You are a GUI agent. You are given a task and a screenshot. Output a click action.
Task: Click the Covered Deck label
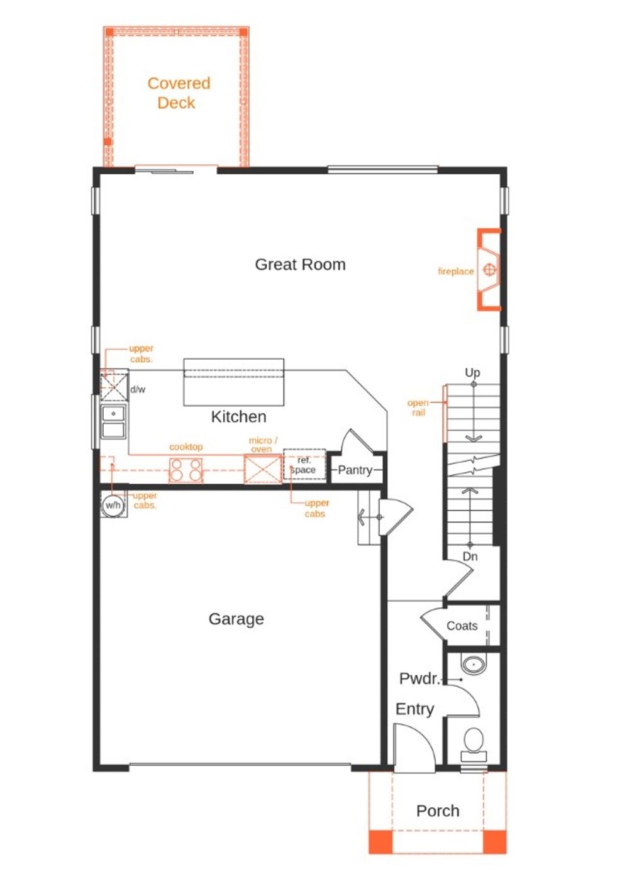click(178, 93)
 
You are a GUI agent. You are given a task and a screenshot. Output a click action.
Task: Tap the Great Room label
click(300, 265)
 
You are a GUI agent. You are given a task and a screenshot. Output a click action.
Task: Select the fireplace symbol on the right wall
click(489, 270)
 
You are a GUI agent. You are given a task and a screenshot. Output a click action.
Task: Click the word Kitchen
click(238, 417)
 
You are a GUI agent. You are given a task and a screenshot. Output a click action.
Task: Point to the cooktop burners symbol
click(186, 470)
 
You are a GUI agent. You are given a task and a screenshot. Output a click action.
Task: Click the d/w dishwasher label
click(138, 390)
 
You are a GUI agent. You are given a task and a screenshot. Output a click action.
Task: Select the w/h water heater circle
click(113, 505)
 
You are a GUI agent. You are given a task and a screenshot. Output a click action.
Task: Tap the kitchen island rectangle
click(233, 382)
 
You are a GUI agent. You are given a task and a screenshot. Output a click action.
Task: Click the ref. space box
click(304, 465)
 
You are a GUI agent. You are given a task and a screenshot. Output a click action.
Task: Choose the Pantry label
click(355, 470)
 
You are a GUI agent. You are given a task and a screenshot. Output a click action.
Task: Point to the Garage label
click(236, 619)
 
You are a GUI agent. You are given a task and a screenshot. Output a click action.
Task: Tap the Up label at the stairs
click(472, 373)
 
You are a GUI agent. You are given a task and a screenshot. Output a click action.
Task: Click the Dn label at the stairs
click(470, 556)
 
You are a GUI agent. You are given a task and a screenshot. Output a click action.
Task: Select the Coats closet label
click(462, 626)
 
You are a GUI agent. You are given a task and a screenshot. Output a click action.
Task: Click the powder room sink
click(473, 664)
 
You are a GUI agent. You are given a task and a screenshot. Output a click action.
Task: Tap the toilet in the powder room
click(473, 742)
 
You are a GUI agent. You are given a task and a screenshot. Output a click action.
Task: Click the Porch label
click(438, 811)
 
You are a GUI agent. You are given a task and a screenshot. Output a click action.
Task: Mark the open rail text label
click(418, 407)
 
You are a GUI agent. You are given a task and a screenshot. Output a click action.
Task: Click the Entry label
click(414, 709)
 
